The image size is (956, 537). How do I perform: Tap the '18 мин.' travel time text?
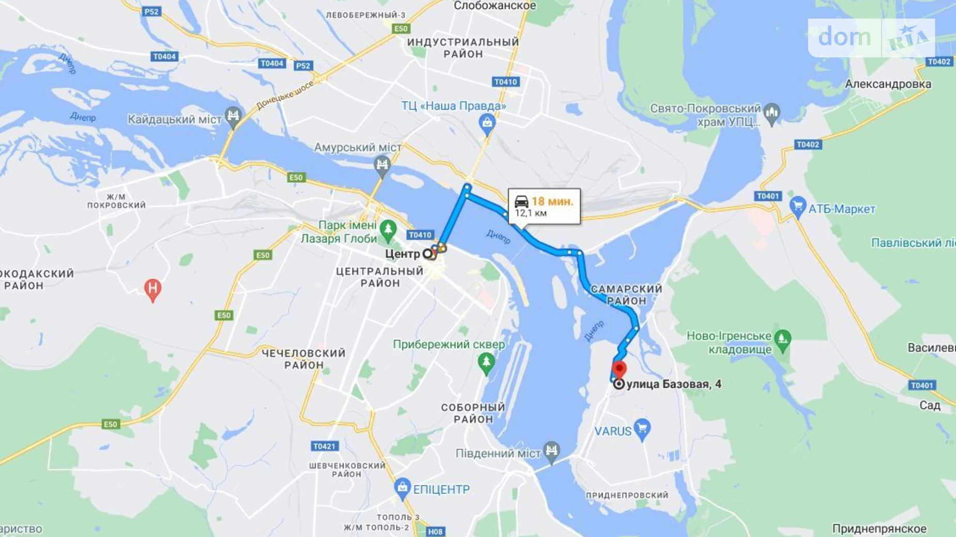(552, 201)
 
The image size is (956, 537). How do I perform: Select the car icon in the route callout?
(521, 201)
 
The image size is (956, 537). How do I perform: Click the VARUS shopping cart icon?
(642, 429)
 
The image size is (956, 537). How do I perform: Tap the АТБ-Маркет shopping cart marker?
(798, 208)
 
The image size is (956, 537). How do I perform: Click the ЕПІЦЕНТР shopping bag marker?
(402, 488)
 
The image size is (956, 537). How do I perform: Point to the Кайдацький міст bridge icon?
(233, 117)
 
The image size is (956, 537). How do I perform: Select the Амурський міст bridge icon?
(382, 166)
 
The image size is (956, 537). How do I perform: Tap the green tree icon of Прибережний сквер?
(485, 362)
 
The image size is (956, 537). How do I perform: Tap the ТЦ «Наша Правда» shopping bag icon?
(487, 124)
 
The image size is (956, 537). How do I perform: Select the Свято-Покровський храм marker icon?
(771, 114)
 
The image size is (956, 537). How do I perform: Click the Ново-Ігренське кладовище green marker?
(783, 340)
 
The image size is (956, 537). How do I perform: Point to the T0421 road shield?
(325, 446)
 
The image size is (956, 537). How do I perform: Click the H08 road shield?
(435, 531)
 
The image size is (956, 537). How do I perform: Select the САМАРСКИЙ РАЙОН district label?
(626, 295)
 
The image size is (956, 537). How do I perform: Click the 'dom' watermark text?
(844, 37)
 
